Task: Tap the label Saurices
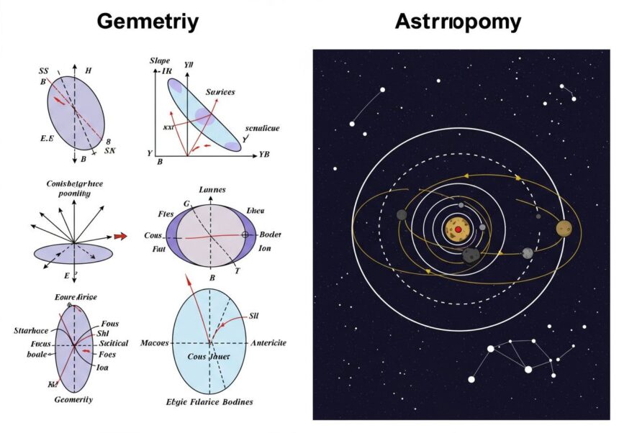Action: click(x=220, y=92)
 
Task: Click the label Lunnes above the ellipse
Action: click(x=211, y=189)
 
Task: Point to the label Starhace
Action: click(x=31, y=330)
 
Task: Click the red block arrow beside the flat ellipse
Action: click(x=119, y=235)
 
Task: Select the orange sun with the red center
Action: click(x=457, y=229)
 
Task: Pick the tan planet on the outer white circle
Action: click(x=564, y=229)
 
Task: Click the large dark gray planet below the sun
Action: click(x=471, y=255)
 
